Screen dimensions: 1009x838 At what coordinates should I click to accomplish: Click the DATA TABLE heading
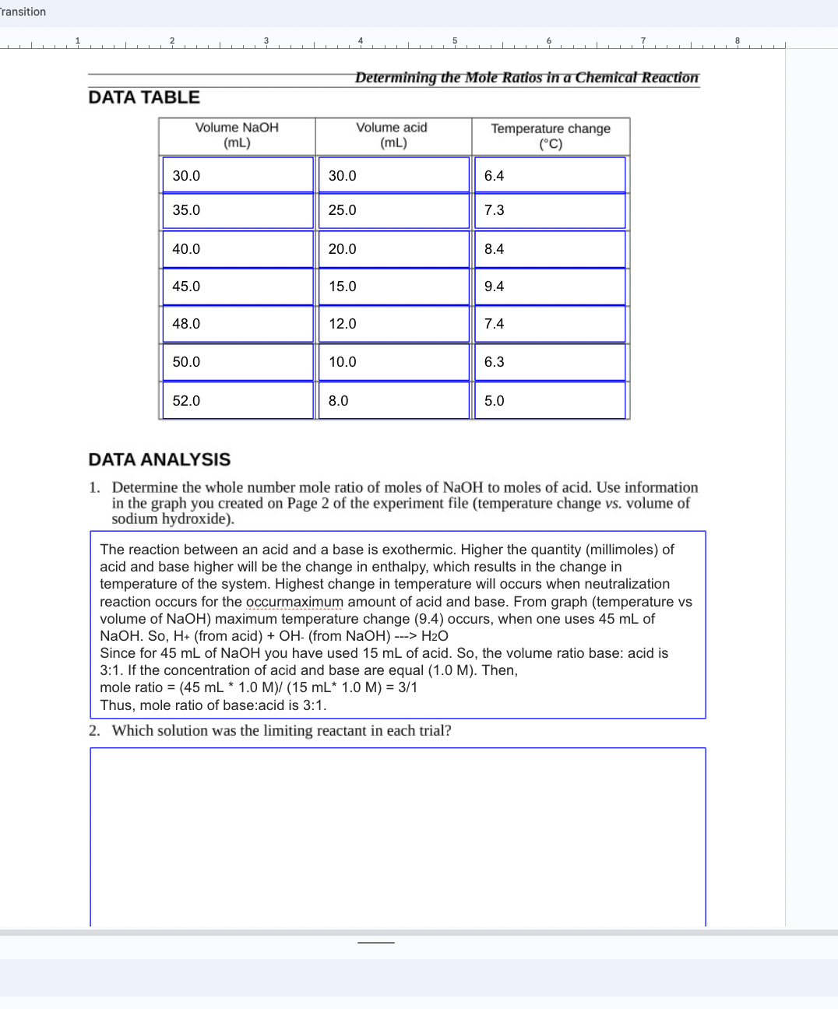click(144, 97)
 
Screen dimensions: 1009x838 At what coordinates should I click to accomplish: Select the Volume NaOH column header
click(237, 135)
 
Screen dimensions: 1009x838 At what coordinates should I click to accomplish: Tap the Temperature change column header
click(550, 136)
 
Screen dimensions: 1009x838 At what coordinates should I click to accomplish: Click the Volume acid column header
click(393, 135)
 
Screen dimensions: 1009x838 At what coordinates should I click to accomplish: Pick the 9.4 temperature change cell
click(549, 287)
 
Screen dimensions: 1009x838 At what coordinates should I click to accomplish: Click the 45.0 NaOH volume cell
click(237, 287)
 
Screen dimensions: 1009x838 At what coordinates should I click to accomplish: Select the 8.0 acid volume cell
click(393, 401)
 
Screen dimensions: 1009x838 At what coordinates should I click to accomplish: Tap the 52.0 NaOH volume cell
click(237, 401)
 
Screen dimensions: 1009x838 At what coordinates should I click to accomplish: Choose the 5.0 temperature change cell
click(549, 401)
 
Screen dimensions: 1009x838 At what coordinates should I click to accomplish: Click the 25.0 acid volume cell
click(393, 210)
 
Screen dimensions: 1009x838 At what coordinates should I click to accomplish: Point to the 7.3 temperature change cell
click(549, 210)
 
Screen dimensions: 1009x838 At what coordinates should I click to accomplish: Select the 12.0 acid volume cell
click(393, 324)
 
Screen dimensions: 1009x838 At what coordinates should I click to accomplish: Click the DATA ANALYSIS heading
click(160, 459)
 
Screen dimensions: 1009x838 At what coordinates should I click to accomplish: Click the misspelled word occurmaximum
click(294, 602)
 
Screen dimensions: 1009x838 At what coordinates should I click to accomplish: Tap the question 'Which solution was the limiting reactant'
click(281, 731)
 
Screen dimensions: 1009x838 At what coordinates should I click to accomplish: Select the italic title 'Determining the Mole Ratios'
click(526, 77)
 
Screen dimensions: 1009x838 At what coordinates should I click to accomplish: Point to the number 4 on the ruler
click(361, 40)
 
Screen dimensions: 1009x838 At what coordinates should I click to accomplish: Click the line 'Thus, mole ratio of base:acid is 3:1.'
click(213, 705)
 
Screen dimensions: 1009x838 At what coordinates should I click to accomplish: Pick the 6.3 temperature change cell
click(549, 362)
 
